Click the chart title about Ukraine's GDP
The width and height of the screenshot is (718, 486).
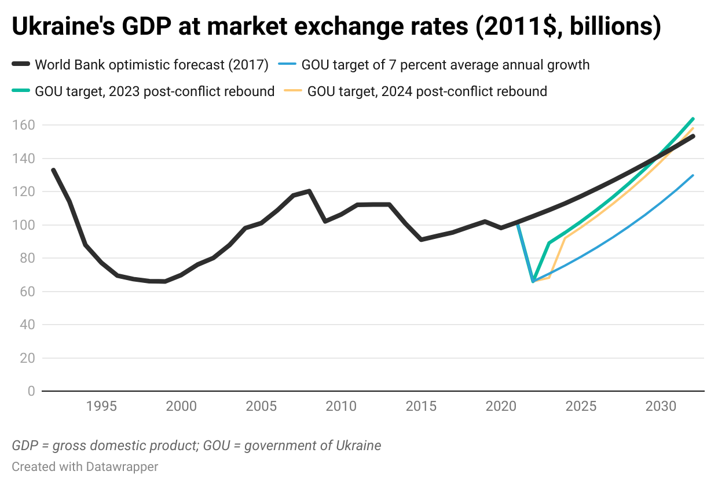coord(336,27)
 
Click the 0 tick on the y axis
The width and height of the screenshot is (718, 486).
coord(31,392)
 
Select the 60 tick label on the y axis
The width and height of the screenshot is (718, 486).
coord(27,292)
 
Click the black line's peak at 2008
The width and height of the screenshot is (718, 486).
coord(309,191)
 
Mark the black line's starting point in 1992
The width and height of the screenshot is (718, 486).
coord(53,170)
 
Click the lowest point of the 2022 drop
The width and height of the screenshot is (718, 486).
coord(533,281)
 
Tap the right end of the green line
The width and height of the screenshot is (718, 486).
coord(693,119)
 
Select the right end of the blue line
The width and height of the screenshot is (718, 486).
coord(693,175)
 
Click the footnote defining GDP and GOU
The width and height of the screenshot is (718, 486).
coord(196,446)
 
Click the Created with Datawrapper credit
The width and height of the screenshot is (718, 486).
coord(85,466)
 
